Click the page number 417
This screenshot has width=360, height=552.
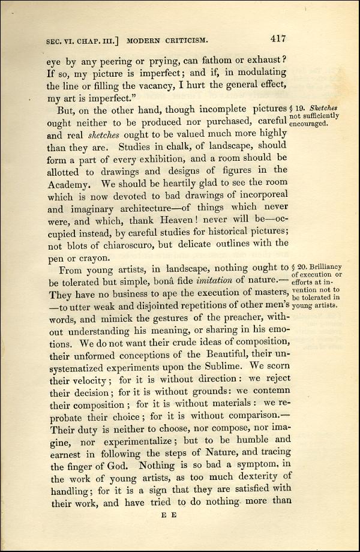(277, 40)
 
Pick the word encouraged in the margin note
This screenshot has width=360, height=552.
(308, 124)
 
